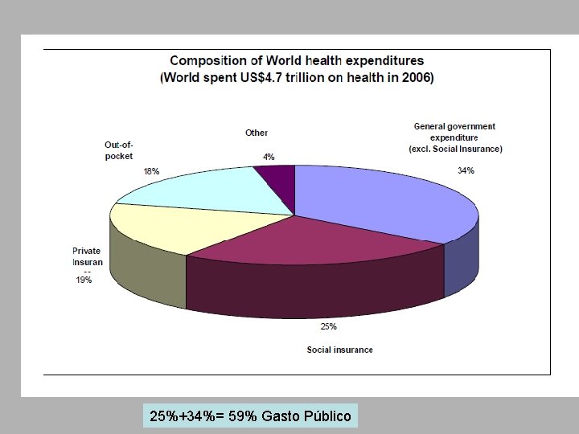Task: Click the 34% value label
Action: (466, 170)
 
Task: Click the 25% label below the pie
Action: (328, 326)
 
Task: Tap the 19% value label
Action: (84, 280)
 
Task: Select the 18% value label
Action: (151, 171)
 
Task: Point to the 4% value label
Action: (269, 157)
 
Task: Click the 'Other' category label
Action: (257, 133)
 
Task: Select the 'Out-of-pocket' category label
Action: (118, 150)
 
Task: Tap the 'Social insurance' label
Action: (339, 350)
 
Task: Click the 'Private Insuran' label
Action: (86, 256)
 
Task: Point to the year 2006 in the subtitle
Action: (415, 78)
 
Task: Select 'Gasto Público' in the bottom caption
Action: (311, 416)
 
